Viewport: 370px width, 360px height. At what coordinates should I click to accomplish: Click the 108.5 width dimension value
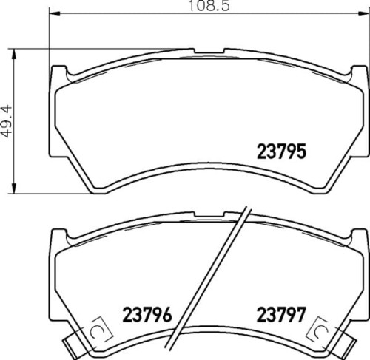[x=209, y=6]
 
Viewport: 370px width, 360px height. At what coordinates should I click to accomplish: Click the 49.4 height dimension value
[x=6, y=121]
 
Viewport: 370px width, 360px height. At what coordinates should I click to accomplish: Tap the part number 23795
[x=281, y=152]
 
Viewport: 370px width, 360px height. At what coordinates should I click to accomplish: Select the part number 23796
[x=147, y=314]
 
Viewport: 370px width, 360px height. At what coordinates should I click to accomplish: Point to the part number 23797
[x=281, y=314]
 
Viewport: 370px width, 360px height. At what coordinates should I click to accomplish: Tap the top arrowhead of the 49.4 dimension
[x=14, y=54]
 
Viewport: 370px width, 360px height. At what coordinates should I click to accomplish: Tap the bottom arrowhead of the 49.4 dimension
[x=14, y=188]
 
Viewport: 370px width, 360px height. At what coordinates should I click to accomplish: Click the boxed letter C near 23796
[x=95, y=332]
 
